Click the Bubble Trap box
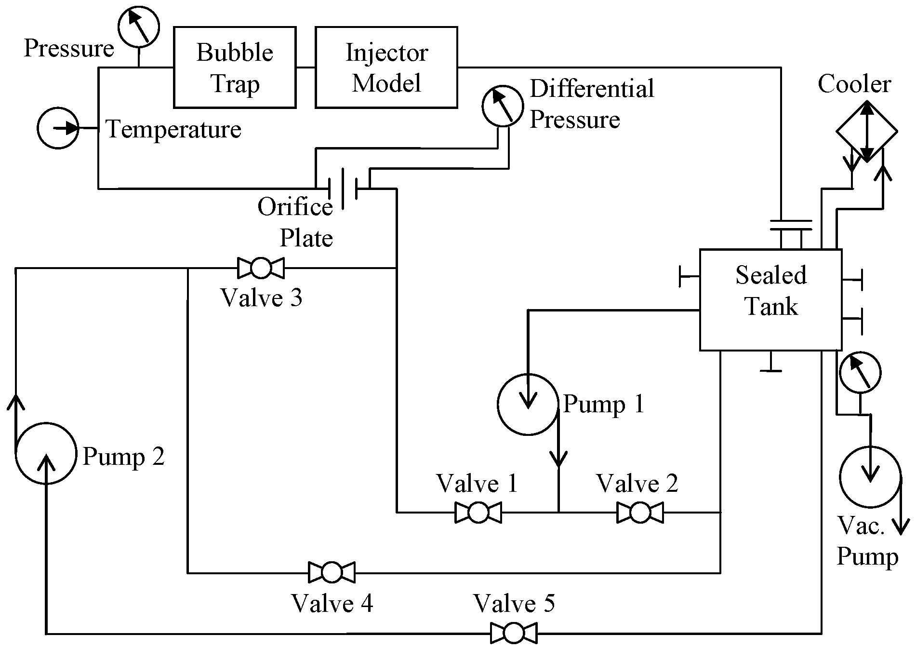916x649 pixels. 235,67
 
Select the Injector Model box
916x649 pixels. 386,67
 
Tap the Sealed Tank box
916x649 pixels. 770,299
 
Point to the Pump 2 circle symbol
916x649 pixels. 46,453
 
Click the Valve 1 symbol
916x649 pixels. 478,512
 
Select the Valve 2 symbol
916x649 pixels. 640,512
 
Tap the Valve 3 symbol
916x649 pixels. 261,268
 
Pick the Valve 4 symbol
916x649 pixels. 332,572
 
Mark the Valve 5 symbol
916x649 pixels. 514,633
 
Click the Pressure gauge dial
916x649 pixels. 139,27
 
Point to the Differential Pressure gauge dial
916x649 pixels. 503,106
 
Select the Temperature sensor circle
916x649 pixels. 58,128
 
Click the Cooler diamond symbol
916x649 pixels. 866,131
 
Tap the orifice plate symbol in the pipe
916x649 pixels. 343,188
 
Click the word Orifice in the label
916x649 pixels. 295,207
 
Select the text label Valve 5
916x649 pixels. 514,603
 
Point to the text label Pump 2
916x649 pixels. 123,456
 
